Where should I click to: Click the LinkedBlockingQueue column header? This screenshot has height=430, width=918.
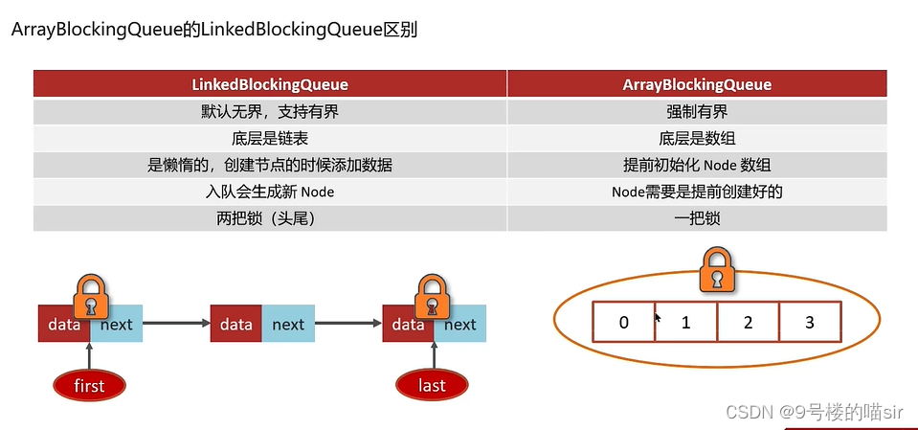(270, 84)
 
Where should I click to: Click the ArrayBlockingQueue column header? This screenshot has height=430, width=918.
(697, 84)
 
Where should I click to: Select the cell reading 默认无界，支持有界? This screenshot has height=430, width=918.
(270, 111)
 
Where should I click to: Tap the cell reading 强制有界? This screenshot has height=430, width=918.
(697, 111)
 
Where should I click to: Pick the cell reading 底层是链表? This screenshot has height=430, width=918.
(270, 138)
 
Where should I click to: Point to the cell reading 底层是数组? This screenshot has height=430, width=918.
(697, 138)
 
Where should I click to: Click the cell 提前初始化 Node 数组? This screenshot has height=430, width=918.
(697, 165)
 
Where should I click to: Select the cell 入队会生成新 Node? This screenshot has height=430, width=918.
(270, 192)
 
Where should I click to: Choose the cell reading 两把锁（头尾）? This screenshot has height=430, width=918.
(270, 218)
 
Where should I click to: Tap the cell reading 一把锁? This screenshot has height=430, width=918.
(697, 218)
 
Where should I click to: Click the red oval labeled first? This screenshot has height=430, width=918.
(89, 385)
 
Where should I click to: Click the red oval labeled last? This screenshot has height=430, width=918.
(433, 385)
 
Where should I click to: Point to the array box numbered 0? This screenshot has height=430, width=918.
(623, 323)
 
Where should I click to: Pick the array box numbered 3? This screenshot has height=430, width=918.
(810, 323)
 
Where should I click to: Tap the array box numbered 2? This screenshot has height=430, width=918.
(748, 323)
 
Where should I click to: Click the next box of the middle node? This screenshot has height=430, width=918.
(287, 325)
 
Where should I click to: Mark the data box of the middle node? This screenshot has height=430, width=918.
(235, 325)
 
